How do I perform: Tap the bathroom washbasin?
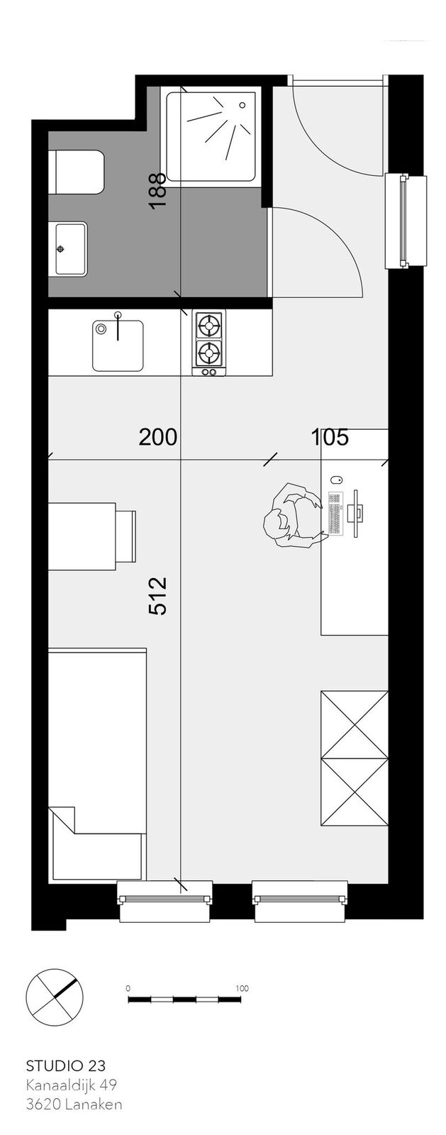click(71, 248)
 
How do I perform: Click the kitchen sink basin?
click(118, 345)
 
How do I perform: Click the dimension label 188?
click(158, 191)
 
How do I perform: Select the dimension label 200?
click(158, 437)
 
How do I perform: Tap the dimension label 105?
click(330, 437)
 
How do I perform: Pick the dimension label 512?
click(158, 597)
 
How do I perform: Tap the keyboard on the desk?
click(335, 513)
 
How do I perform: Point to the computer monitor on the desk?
click(357, 513)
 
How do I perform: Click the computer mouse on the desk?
click(335, 479)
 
